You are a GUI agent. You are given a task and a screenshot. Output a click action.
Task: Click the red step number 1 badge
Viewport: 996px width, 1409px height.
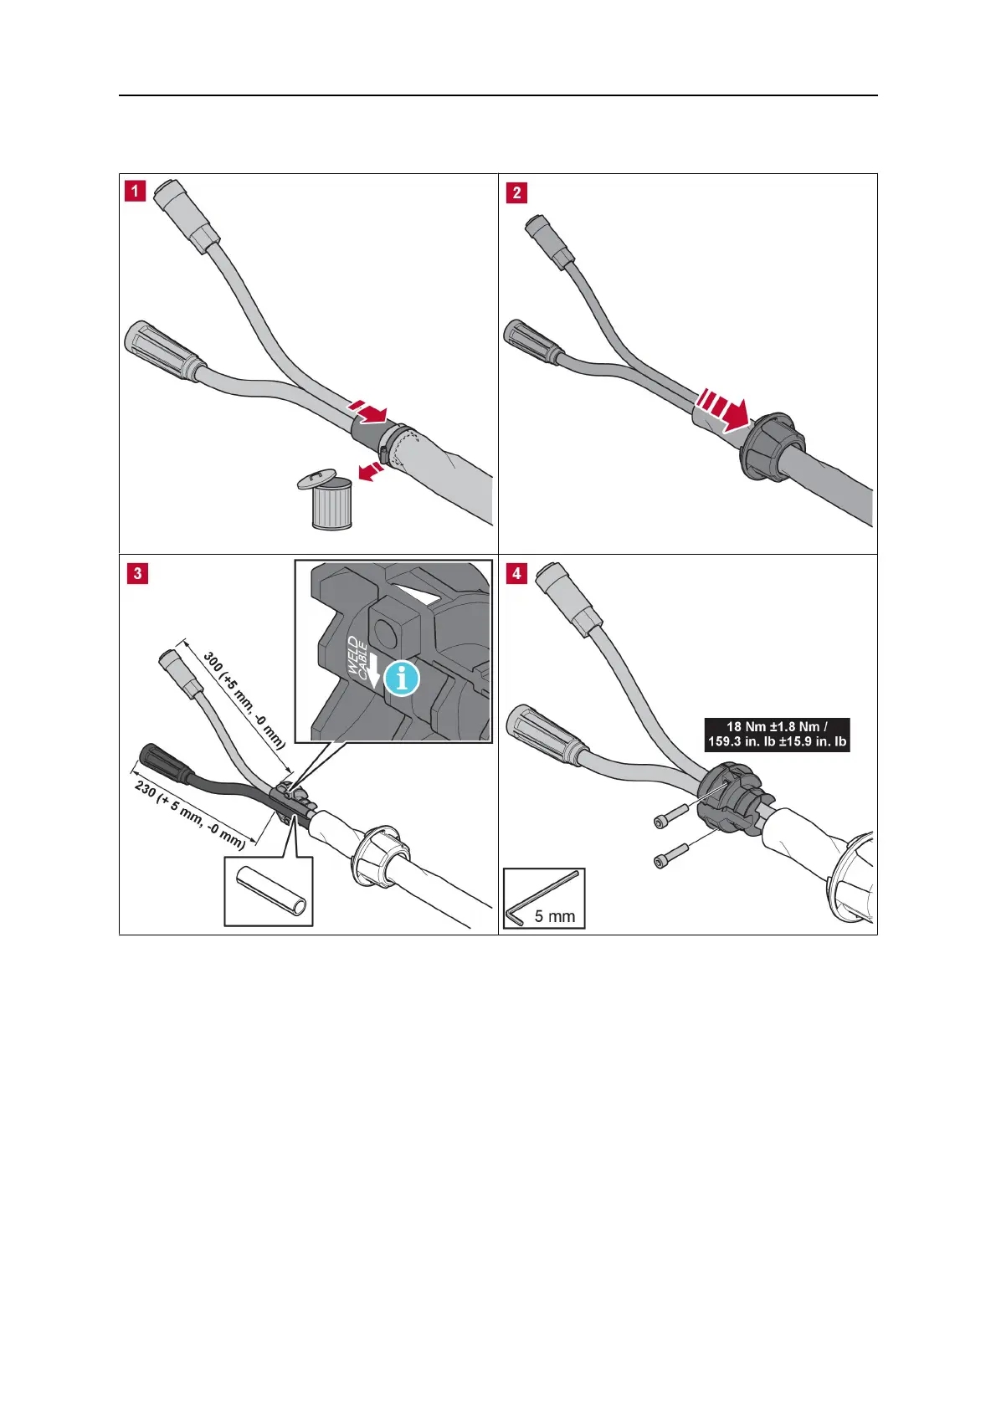point(134,191)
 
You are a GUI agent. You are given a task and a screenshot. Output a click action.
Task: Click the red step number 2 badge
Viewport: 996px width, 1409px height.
point(516,192)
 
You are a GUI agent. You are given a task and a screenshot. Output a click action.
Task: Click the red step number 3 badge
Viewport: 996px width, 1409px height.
point(137,573)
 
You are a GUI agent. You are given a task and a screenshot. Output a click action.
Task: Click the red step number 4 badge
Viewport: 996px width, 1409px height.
point(517,573)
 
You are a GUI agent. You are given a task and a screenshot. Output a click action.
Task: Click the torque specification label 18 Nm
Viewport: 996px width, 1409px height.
point(777,734)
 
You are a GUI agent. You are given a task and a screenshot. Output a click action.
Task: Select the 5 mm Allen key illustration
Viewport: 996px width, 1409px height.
point(543,897)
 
